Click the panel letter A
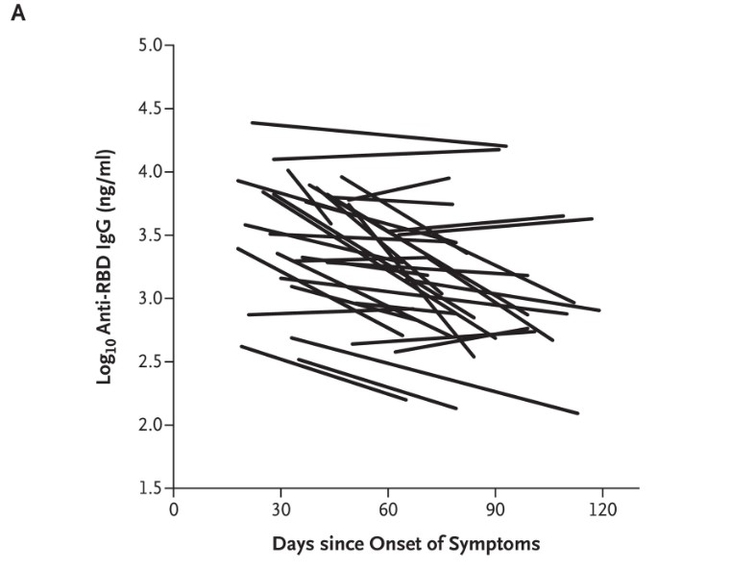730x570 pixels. pos(16,17)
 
